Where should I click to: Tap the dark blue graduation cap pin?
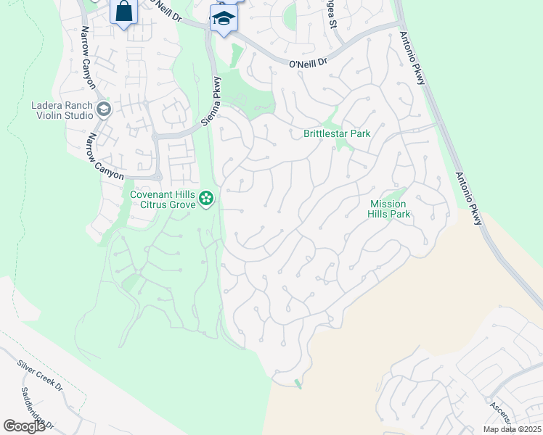pyautogui.click(x=224, y=19)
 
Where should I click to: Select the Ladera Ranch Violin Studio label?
pyautogui.click(x=62, y=109)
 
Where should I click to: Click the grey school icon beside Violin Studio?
pyautogui.click(x=103, y=109)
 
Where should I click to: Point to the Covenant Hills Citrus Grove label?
pyautogui.click(x=163, y=199)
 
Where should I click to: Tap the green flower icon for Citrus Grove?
pyautogui.click(x=207, y=196)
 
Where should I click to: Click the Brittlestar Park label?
pyautogui.click(x=337, y=133)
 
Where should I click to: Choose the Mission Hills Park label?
pyautogui.click(x=390, y=209)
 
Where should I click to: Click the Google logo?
pyautogui.click(x=24, y=426)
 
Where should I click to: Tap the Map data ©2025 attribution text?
pyautogui.click(x=511, y=429)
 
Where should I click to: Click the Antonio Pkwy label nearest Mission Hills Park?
pyautogui.click(x=468, y=199)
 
